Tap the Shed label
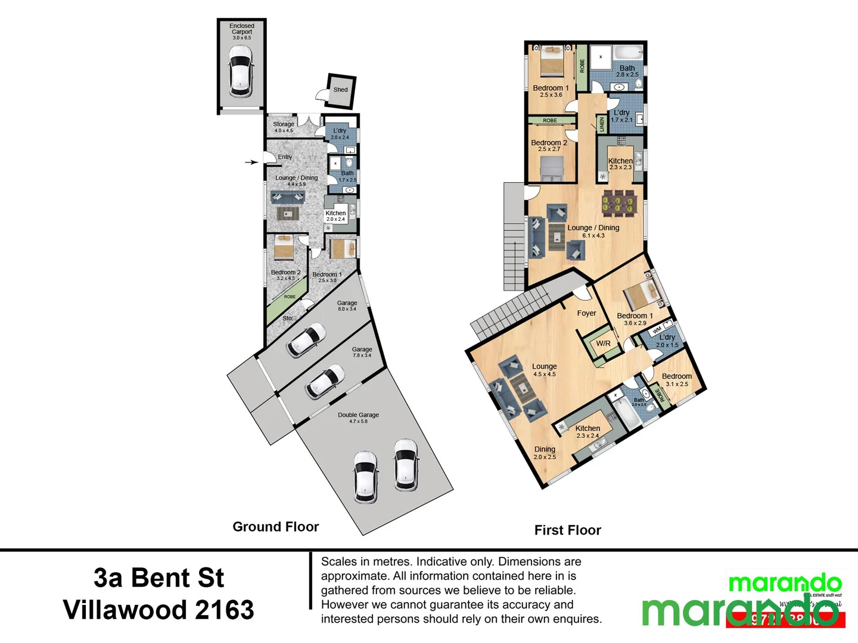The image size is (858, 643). click(340, 90)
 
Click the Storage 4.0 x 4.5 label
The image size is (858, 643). click(284, 127)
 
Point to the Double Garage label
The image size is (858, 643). click(358, 417)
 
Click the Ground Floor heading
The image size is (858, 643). click(275, 526)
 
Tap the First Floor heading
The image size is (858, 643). click(567, 530)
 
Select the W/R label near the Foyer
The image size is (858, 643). click(603, 344)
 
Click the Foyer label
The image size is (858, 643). click(586, 313)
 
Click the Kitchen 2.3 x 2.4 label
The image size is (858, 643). click(587, 432)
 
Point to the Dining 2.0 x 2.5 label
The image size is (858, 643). click(545, 453)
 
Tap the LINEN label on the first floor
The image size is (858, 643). click(602, 124)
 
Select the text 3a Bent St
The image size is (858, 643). click(158, 578)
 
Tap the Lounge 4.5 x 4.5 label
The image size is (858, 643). click(544, 370)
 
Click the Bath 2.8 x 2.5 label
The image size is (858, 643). click(627, 71)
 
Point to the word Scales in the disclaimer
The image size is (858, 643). click(338, 561)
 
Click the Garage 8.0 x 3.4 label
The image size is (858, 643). click(347, 305)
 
